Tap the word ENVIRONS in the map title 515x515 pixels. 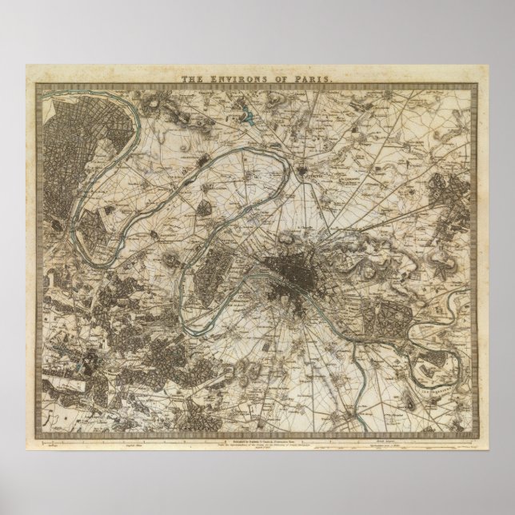click(x=252, y=79)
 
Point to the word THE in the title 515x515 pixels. click(x=192, y=79)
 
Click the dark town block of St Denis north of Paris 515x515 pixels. click(x=306, y=170)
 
